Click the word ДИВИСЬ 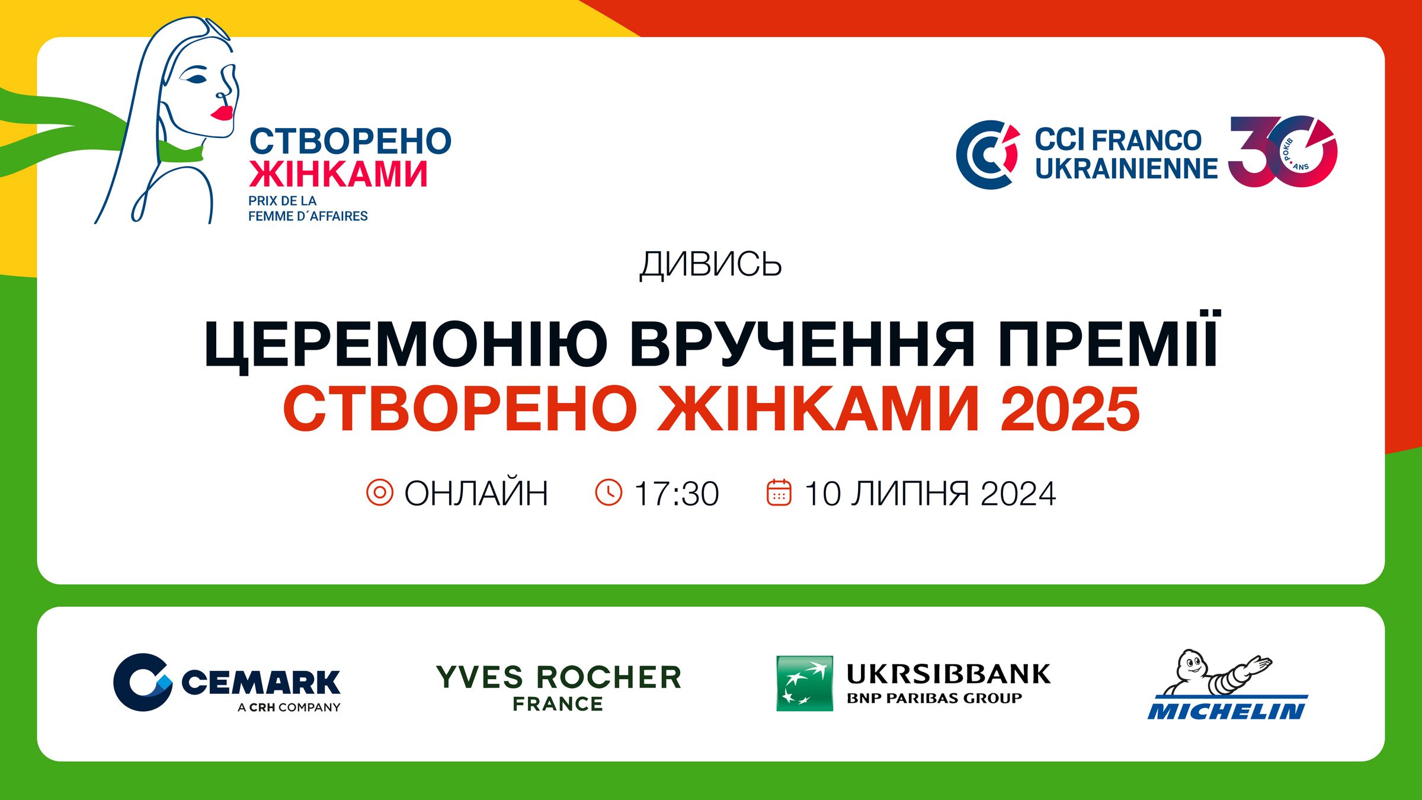tap(710, 264)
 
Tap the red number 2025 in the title tap(1070, 409)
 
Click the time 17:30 tap(676, 494)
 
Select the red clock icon tap(608, 492)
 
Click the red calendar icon tap(779, 492)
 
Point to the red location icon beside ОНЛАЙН tap(380, 492)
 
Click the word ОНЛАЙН tap(476, 493)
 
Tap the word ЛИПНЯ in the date tap(911, 494)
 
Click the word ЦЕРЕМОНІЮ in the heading tap(406, 344)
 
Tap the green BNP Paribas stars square tap(805, 683)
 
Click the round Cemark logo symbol tap(143, 682)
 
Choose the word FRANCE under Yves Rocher tap(558, 704)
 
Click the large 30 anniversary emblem tap(1283, 152)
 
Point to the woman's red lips tap(222, 113)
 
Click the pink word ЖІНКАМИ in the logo tap(338, 174)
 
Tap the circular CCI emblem tap(988, 155)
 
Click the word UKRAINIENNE tap(1126, 168)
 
